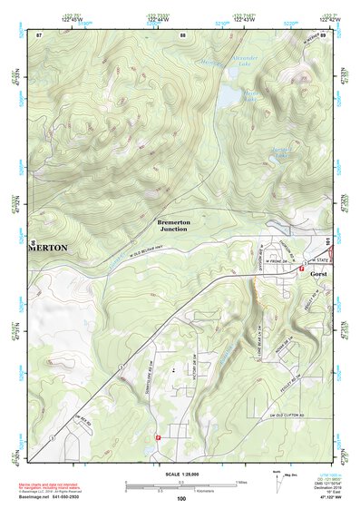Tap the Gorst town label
[317, 272]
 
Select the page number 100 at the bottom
[181, 497]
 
